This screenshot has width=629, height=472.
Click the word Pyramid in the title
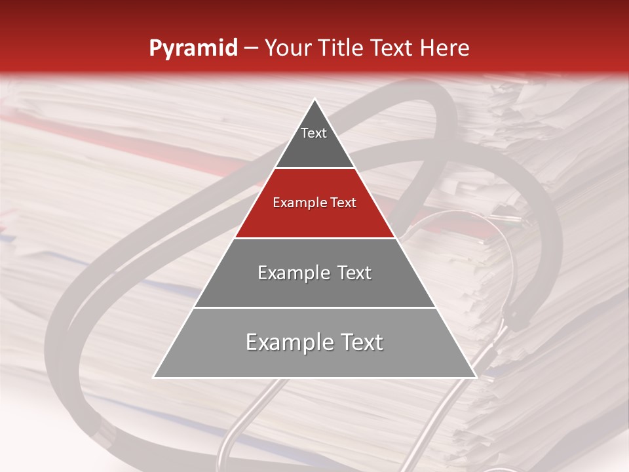click(x=193, y=49)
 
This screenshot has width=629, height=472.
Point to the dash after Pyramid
click(x=251, y=49)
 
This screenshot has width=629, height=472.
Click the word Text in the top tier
click(x=314, y=133)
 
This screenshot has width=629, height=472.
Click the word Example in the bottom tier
click(x=288, y=342)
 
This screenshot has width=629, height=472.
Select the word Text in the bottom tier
click(x=361, y=342)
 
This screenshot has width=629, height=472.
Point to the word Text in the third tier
click(x=354, y=273)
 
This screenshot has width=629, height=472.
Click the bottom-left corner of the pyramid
click(x=153, y=378)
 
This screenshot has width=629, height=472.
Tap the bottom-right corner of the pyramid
click(x=476, y=378)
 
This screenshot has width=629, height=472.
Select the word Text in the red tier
click(x=344, y=203)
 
